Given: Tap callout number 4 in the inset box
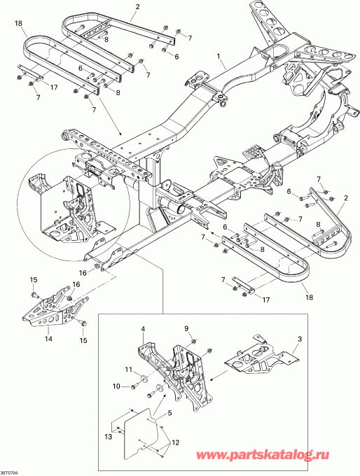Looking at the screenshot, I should pyautogui.click(x=144, y=328).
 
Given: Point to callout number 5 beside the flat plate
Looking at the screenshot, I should pyautogui.click(x=168, y=414).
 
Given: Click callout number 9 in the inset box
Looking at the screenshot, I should pyautogui.click(x=186, y=328).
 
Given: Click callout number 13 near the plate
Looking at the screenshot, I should pyautogui.click(x=109, y=436).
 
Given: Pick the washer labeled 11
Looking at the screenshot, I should pyautogui.click(x=144, y=379).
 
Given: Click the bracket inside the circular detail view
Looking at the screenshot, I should pyautogui.click(x=70, y=203).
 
